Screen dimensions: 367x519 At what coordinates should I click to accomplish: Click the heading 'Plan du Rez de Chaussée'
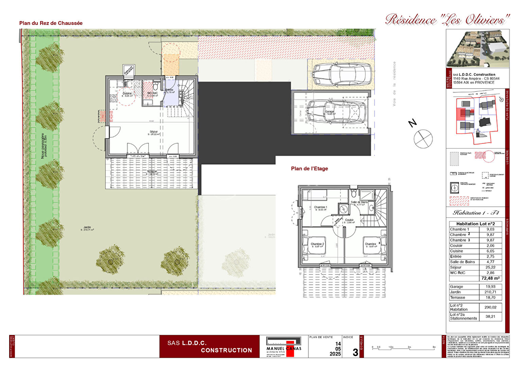click(51, 23)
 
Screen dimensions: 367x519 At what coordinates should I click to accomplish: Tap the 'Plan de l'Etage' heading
click(309, 169)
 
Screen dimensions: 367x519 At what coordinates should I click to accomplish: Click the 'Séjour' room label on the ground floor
click(154, 132)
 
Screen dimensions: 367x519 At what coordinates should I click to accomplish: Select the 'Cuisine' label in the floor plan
click(127, 93)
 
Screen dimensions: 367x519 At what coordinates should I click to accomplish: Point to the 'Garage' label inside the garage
click(329, 112)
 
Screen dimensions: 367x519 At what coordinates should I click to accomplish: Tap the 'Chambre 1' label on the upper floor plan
click(320, 207)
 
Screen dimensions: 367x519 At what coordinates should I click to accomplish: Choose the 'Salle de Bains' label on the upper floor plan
click(359, 202)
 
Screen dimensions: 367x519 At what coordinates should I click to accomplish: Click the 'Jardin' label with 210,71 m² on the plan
click(87, 228)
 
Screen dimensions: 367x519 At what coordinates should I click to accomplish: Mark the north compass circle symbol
click(423, 139)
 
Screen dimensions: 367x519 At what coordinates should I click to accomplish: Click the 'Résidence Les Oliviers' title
click(447, 20)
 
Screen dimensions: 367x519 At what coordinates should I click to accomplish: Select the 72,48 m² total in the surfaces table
click(490, 278)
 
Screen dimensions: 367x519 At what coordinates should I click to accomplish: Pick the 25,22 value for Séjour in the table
click(490, 267)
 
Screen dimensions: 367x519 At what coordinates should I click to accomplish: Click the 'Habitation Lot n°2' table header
click(475, 224)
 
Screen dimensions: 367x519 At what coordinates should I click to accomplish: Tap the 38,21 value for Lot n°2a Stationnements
click(490, 316)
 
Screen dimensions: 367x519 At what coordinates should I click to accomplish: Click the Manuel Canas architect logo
click(284, 347)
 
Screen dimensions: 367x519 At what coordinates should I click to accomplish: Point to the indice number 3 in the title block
click(355, 352)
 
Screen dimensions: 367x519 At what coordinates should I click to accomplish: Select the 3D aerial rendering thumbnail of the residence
click(478, 48)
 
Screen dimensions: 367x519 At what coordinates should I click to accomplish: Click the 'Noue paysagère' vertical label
click(43, 146)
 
